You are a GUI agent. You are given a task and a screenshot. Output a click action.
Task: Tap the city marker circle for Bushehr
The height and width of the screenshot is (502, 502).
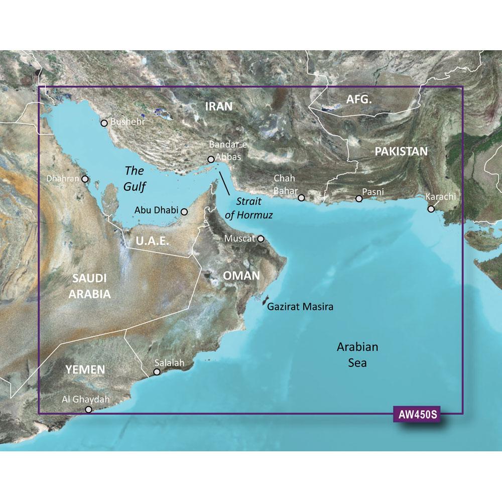pyautogui.click(x=104, y=123)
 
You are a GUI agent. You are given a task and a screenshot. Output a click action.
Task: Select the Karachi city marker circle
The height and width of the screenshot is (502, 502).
pyautogui.click(x=431, y=208)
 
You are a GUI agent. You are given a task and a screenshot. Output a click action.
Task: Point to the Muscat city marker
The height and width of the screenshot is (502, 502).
pyautogui.click(x=261, y=239)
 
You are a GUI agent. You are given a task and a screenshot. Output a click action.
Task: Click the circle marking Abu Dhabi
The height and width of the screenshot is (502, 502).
pyautogui.click(x=184, y=212)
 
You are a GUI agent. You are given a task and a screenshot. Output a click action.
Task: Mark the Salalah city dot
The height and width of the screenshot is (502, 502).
pyautogui.click(x=157, y=372)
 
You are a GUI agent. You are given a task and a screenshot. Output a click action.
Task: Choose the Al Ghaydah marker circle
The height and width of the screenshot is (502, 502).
pyautogui.click(x=89, y=410)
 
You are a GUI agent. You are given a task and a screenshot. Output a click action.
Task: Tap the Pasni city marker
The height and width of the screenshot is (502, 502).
pyautogui.click(x=359, y=199)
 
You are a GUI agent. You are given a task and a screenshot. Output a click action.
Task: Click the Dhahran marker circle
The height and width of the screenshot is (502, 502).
pyautogui.click(x=85, y=179)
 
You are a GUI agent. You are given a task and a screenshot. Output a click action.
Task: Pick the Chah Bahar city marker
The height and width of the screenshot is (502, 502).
pyautogui.click(x=301, y=198)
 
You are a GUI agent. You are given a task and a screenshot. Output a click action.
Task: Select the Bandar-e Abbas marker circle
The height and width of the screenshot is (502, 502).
pyautogui.click(x=211, y=160)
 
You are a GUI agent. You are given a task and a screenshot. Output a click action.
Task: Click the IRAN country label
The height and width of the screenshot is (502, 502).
pyautogui.click(x=219, y=106)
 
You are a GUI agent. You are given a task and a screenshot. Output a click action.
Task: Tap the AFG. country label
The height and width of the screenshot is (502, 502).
pyautogui.click(x=359, y=100)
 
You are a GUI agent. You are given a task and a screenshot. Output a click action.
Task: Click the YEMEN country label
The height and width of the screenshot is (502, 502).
pyautogui.click(x=85, y=370)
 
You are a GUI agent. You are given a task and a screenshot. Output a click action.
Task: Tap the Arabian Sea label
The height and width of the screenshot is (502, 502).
pyautogui.click(x=357, y=354)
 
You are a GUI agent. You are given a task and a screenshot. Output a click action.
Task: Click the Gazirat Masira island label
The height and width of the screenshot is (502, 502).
pyautogui.click(x=300, y=306)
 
